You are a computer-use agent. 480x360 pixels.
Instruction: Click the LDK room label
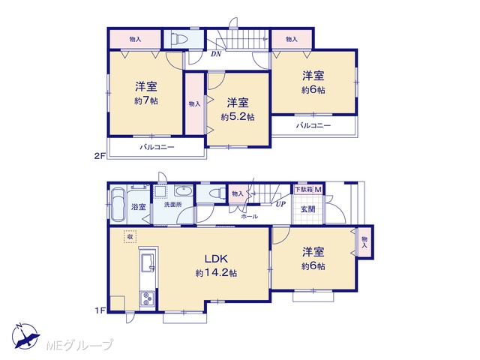[216, 259]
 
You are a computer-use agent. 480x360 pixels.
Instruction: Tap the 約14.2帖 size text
[216, 273]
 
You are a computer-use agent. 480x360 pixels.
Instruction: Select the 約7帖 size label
[146, 100]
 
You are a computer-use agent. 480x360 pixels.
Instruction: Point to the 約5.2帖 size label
[238, 117]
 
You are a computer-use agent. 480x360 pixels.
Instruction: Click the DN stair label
[216, 54]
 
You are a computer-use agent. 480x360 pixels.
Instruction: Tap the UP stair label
[280, 204]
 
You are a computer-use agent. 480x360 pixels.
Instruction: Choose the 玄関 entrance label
[307, 209]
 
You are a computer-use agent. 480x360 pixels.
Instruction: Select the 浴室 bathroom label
[138, 207]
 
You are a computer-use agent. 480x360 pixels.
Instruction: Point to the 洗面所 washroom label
[173, 204]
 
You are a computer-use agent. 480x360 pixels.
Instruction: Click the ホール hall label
[249, 217]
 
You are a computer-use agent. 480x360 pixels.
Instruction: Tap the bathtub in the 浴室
[118, 204]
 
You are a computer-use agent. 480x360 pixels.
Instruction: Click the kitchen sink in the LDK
[148, 262]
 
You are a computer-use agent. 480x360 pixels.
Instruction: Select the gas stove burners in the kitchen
[148, 298]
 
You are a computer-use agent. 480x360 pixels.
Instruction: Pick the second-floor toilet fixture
[180, 38]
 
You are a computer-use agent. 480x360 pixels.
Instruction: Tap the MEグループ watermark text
[80, 345]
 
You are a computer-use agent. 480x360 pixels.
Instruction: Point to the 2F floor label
[100, 156]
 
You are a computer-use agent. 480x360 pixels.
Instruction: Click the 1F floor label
[100, 310]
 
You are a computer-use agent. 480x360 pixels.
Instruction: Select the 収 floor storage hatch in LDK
[130, 236]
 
